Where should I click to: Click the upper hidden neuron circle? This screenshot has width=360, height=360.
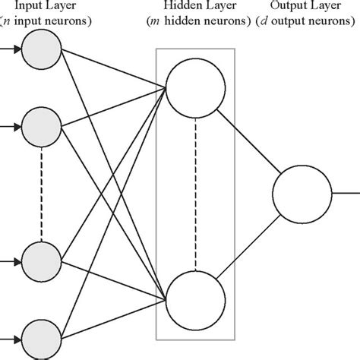(195, 84)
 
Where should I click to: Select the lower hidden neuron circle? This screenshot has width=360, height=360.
(195, 297)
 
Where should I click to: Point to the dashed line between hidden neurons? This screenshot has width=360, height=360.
(195, 190)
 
